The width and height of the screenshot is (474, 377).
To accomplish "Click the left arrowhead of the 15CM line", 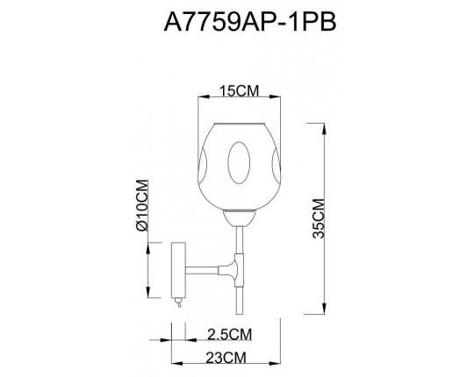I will pos(203,101).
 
